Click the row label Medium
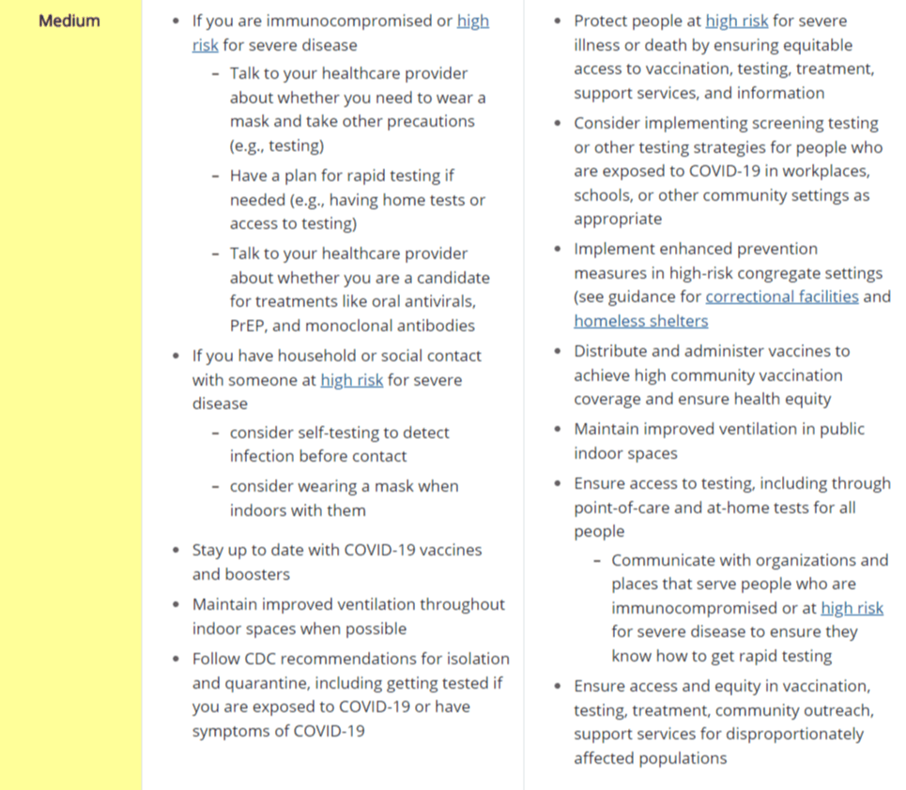click(x=69, y=21)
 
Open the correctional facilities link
click(x=781, y=296)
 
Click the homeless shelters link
click(x=640, y=321)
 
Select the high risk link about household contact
click(x=351, y=380)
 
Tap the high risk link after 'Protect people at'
click(x=736, y=21)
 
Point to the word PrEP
click(x=248, y=326)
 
